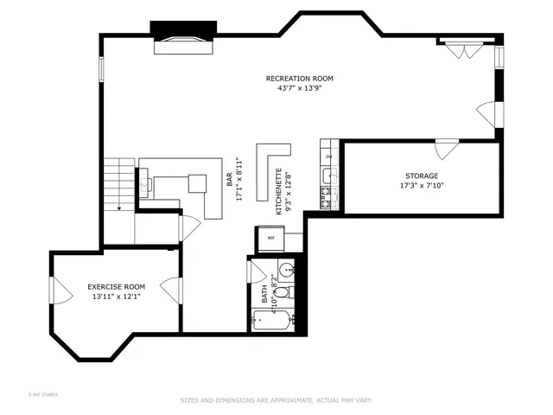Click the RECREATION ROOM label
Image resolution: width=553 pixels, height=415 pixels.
(299, 79)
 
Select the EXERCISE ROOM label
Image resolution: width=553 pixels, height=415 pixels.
(116, 286)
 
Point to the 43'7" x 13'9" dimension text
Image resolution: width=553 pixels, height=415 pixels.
(299, 88)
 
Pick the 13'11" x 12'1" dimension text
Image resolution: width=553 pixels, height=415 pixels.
(116, 297)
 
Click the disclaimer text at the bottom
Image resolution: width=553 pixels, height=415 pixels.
(276, 400)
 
